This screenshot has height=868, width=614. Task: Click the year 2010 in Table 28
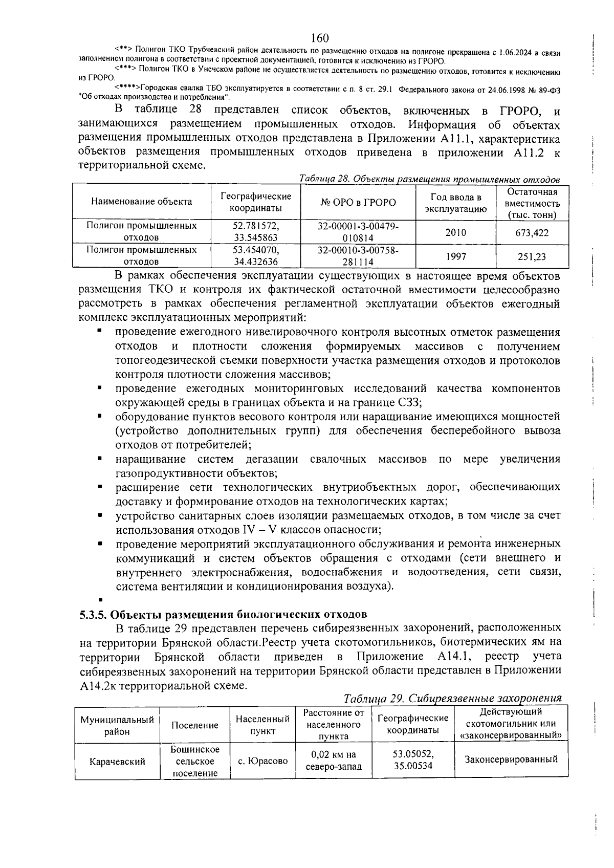pos(455,232)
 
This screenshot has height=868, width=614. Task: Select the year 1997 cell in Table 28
pos(455,256)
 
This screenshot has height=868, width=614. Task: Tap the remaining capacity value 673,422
pos(532,233)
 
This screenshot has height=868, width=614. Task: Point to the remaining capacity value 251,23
pos(532,256)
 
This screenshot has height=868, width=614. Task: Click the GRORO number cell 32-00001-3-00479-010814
pos(358,232)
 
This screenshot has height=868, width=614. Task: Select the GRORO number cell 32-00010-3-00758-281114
pos(358,256)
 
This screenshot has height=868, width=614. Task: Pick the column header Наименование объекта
pos(142,202)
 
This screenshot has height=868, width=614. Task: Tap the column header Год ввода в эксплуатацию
pos(455,203)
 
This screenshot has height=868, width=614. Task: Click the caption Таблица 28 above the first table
pos(429,179)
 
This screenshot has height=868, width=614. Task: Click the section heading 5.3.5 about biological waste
pos(223,614)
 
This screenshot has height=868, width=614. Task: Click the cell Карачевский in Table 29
pos(117,762)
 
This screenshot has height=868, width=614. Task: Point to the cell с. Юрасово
pos(263,761)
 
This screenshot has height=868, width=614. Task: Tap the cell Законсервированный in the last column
pos(511,759)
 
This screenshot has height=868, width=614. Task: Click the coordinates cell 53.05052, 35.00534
pos(413,760)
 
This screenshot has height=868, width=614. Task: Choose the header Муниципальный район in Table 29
pos(117,726)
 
